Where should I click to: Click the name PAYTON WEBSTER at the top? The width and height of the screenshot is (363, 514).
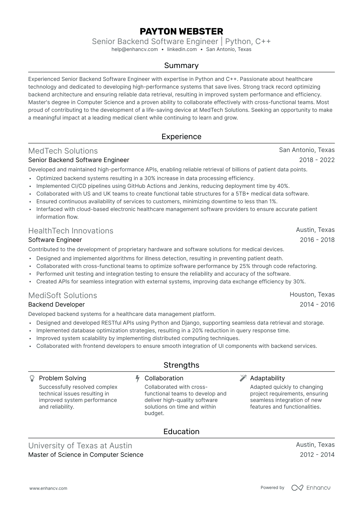coord(181,31)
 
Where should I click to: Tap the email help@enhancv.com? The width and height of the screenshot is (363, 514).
coord(135,49)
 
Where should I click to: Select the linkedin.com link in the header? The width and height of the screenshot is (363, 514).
coord(182,49)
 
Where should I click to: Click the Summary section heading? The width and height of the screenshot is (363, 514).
coord(181,65)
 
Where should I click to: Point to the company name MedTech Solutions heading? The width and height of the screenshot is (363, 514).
coord(63,151)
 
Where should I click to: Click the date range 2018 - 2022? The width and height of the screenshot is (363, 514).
coord(317,160)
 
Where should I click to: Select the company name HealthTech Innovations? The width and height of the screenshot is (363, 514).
coord(71,231)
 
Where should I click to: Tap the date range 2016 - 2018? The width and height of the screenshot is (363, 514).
coord(317,240)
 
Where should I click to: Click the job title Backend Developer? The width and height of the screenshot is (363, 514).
coord(56,305)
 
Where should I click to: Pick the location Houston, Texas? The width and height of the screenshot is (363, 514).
coord(312,294)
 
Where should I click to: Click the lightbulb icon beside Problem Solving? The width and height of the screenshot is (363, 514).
coord(32,378)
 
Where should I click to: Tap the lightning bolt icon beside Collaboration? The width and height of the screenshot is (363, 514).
coord(137,378)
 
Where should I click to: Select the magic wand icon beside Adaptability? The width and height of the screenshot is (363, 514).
coord(243,378)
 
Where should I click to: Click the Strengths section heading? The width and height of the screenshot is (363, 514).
coord(181,365)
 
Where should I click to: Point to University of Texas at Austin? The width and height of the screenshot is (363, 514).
coord(80,446)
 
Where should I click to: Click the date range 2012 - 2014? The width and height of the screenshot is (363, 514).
coord(317,455)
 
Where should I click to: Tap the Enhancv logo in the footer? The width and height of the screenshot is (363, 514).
coord(311,488)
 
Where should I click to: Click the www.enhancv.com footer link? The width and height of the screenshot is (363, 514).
coord(48,488)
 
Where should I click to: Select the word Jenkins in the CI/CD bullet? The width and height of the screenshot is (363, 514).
coord(198,186)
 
